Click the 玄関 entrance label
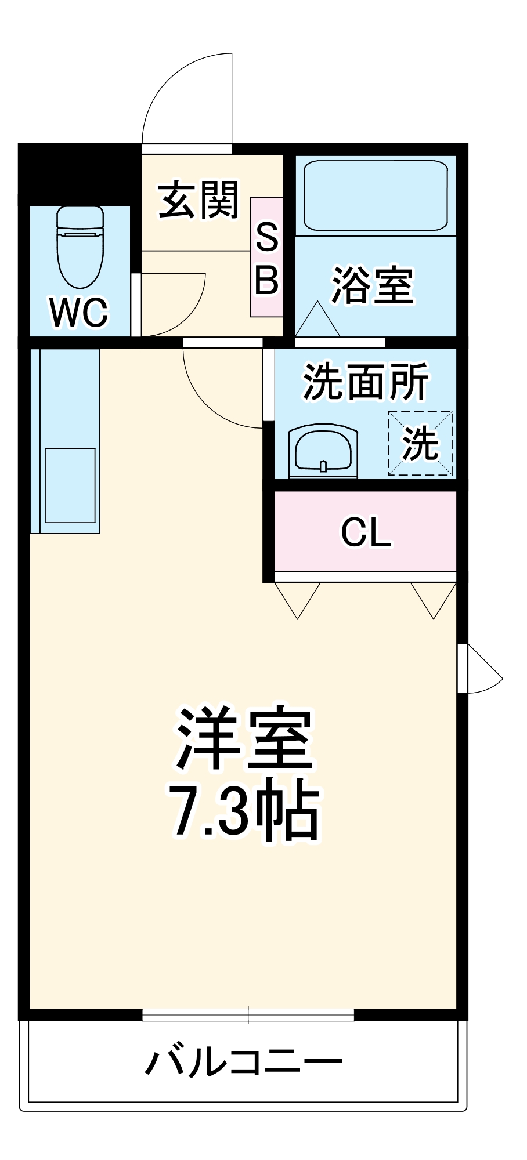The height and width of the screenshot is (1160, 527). [x=198, y=201]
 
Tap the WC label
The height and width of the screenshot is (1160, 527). [x=79, y=313]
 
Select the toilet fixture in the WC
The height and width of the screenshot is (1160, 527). [x=80, y=246]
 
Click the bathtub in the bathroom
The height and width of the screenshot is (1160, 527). [x=376, y=195]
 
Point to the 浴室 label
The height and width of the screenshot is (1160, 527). [x=372, y=285]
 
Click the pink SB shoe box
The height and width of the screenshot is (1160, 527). [x=266, y=257]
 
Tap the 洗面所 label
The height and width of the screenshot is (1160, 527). [x=366, y=382]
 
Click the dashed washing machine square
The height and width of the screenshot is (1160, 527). [x=420, y=444]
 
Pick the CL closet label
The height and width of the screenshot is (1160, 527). [x=366, y=532]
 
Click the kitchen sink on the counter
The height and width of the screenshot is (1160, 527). [x=70, y=485]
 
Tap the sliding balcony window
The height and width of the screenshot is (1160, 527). [x=248, y=1014]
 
